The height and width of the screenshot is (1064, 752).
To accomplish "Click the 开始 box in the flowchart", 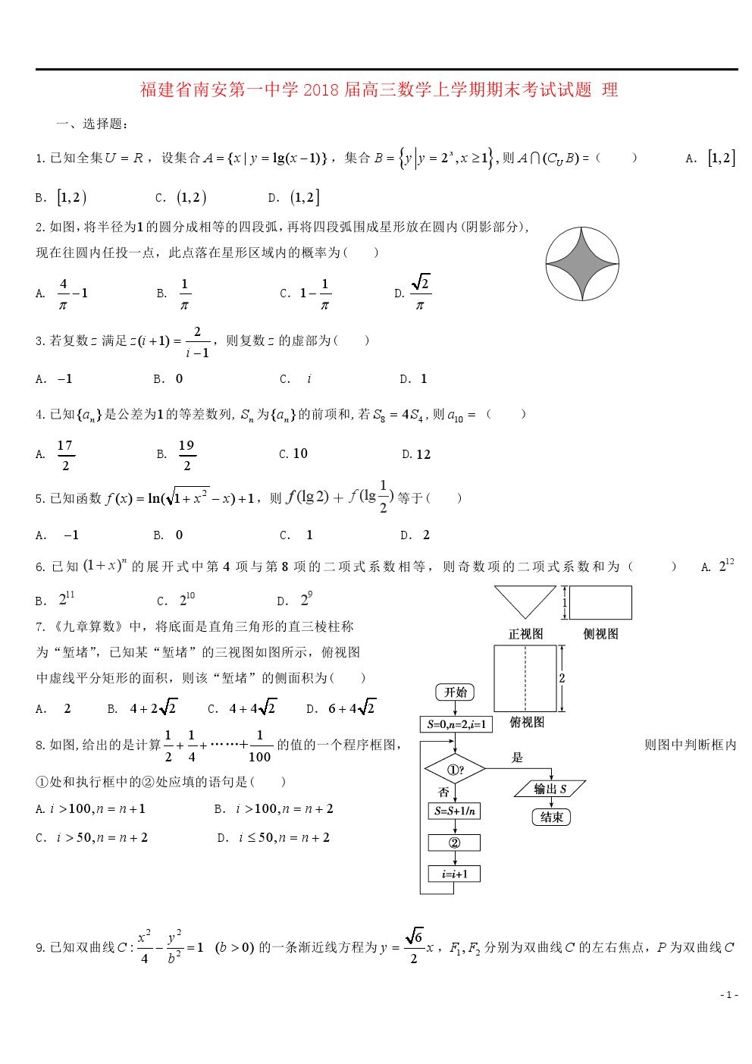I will click(455, 692).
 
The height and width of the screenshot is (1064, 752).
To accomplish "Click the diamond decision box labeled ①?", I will click(455, 769).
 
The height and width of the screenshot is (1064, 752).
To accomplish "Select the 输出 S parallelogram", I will click(550, 789).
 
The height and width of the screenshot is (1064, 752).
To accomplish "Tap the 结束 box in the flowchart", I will click(551, 817).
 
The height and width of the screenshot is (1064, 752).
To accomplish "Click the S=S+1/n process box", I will click(455, 811).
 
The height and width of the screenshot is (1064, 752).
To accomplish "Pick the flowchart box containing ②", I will click(455, 843).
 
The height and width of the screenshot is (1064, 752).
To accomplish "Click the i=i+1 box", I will click(455, 874).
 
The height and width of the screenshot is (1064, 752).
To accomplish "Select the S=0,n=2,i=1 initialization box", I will click(456, 724).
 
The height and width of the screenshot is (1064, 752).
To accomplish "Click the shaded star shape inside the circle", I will click(582, 264).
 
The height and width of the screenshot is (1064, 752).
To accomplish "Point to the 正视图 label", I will click(525, 634).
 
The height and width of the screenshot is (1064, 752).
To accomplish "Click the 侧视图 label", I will click(600, 634).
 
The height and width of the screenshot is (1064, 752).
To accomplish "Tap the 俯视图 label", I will click(527, 722).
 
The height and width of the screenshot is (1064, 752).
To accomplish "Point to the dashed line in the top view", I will click(525, 679).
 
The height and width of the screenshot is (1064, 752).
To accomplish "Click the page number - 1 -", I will click(728, 994).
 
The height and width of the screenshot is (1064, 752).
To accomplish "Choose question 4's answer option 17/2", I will click(65, 455).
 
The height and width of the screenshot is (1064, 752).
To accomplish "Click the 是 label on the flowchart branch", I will click(517, 757).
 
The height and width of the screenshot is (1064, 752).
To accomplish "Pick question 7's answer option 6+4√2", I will click(351, 708).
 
